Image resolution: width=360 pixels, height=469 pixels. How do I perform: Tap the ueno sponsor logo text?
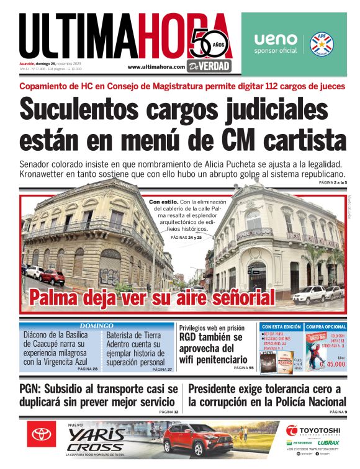[276, 38]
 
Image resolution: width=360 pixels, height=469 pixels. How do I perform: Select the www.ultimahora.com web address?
[156, 67]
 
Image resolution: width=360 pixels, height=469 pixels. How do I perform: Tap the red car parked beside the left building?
[52, 277]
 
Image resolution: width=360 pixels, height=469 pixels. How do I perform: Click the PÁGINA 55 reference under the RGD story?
[243, 368]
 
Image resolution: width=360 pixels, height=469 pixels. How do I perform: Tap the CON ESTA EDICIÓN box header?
[281, 326]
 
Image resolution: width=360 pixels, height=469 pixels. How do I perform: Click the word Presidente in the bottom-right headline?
[220, 390]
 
